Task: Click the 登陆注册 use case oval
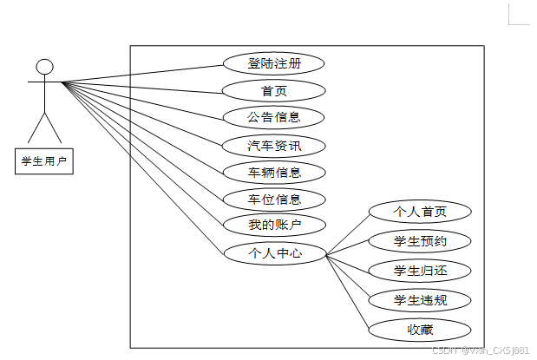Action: [x=274, y=63]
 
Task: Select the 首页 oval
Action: [x=274, y=90]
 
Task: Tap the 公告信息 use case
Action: [x=274, y=117]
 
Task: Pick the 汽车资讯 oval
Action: [x=274, y=145]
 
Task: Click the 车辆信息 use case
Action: [x=274, y=172]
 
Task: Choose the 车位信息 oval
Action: [x=274, y=199]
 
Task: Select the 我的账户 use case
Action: [x=274, y=226]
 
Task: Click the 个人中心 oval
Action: [x=274, y=253]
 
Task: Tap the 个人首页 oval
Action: [x=420, y=212]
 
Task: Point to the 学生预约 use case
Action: [x=420, y=240]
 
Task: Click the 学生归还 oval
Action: [x=420, y=271]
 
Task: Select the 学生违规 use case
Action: [x=420, y=300]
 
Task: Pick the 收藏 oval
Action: [x=420, y=330]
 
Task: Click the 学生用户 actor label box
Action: [x=44, y=160]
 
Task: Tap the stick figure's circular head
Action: [x=44, y=66]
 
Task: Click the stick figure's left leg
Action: [x=36, y=129]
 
